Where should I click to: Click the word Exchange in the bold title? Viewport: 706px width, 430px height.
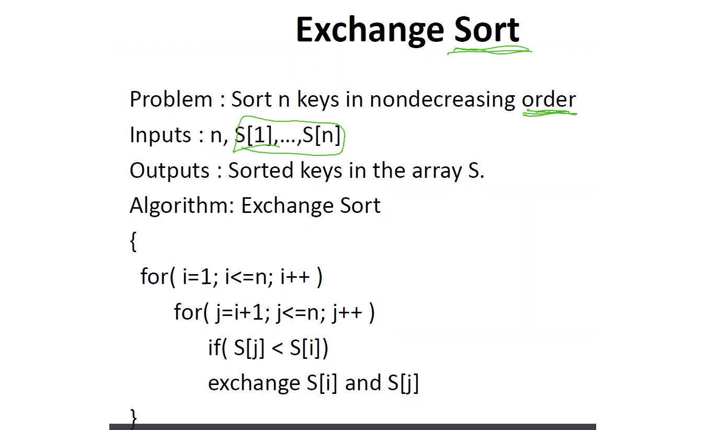tap(370, 30)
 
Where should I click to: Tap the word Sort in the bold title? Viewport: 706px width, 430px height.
tap(487, 29)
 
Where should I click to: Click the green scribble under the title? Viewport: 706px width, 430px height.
tap(489, 50)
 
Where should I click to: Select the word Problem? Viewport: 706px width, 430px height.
tap(170, 99)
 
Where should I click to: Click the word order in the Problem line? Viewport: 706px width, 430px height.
tap(549, 100)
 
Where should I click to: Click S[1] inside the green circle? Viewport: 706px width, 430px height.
tap(254, 135)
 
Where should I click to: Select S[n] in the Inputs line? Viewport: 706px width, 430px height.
tap(322, 135)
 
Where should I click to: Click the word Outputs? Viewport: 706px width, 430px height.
tap(169, 171)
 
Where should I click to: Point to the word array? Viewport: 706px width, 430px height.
tap(437, 172)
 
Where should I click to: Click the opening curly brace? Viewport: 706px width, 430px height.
tap(133, 242)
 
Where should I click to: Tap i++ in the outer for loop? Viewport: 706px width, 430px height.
tap(295, 277)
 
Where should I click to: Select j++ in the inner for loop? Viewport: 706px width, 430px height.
tap(347, 313)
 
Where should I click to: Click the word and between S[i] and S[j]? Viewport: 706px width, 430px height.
tap(363, 383)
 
